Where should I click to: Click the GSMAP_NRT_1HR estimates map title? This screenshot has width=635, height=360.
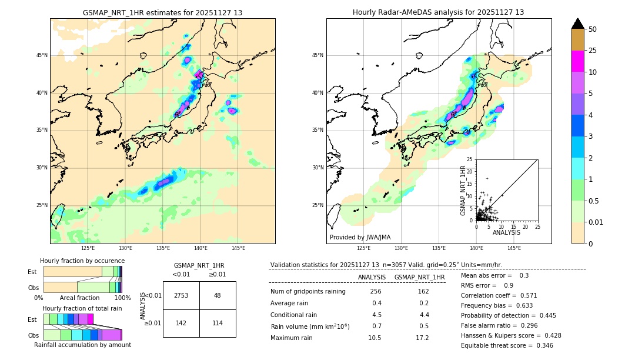click(162, 12)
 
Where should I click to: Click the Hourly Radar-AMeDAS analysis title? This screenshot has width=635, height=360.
click(438, 12)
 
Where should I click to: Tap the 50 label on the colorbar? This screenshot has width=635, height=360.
click(593, 29)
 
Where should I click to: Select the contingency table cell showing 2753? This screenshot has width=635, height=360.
click(181, 295)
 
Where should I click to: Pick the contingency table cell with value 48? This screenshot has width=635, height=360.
click(217, 295)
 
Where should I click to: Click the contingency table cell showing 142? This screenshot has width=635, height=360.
click(181, 323)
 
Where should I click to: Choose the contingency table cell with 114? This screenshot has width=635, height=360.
click(217, 323)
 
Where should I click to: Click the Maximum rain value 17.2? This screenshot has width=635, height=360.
click(422, 338)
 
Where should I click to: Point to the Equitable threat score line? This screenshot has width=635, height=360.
click(507, 345)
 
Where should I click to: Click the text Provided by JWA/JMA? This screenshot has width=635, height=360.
click(360, 237)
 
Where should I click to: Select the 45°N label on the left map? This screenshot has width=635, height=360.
click(42, 55)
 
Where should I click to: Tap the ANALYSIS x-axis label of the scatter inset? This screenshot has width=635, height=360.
click(506, 232)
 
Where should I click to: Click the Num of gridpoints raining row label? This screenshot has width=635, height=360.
click(308, 291)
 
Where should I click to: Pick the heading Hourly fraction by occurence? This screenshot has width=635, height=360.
click(82, 261)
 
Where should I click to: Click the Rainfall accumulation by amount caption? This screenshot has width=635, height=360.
click(82, 345)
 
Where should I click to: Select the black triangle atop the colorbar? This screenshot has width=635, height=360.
click(578, 24)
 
